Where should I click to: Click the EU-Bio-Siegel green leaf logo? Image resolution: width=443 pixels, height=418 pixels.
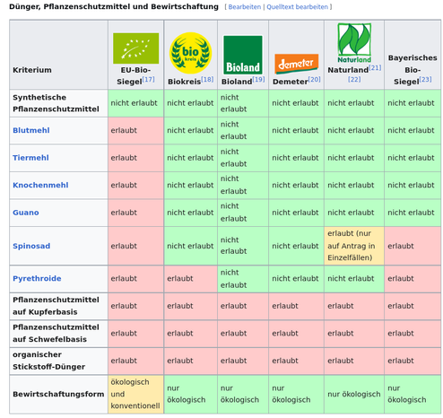(135, 48)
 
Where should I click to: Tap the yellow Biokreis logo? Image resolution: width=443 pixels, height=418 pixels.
(190, 53)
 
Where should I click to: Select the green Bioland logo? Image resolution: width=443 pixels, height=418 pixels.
(243, 55)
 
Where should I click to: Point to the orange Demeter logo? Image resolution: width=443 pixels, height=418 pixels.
(296, 64)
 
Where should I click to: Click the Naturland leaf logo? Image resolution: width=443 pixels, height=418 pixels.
(354, 43)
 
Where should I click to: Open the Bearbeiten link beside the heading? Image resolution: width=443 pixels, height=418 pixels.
(245, 7)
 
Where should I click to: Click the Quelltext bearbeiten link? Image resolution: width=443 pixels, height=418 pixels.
(297, 7)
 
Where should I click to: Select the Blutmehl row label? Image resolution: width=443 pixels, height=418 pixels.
(31, 130)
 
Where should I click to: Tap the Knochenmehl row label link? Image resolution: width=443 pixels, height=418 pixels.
(40, 185)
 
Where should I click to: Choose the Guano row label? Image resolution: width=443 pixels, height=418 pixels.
(26, 213)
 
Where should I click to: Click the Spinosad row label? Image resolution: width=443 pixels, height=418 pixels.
(31, 246)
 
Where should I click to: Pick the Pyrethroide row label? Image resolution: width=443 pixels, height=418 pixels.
(37, 278)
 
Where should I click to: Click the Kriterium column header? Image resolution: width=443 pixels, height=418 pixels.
(32, 70)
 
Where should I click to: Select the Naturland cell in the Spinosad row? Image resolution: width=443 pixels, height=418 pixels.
(354, 246)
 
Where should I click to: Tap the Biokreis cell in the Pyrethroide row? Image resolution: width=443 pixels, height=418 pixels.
(191, 279)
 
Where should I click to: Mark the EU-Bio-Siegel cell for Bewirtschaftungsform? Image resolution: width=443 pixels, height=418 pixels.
(135, 394)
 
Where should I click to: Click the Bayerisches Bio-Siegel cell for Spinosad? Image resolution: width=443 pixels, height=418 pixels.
(413, 246)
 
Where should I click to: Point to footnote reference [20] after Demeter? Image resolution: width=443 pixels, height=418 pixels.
(314, 80)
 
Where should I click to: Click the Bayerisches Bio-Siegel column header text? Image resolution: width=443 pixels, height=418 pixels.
(413, 70)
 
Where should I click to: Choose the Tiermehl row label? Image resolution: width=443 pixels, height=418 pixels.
(30, 158)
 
